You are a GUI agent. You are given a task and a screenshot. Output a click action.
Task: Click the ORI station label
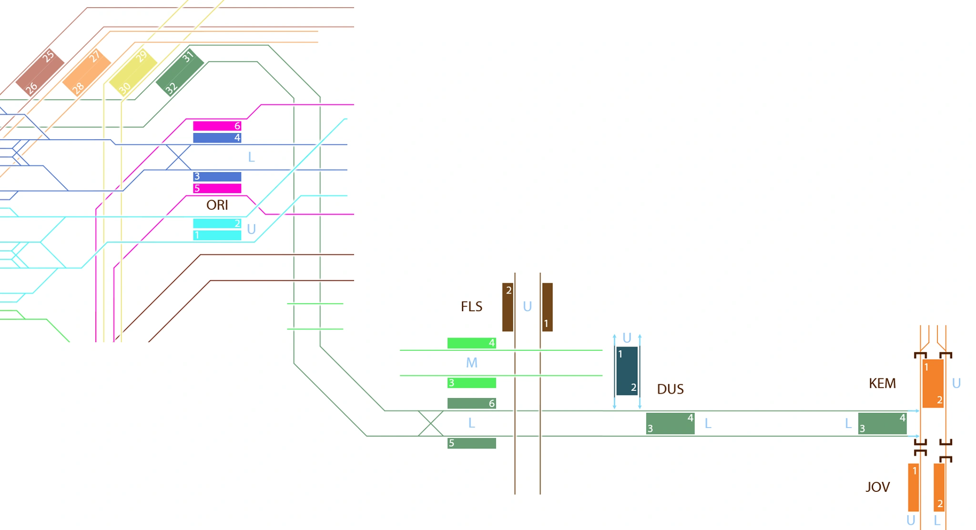point(217,205)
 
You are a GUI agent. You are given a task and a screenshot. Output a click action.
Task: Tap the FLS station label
point(471,306)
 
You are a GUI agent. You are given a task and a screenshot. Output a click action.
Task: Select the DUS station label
point(670,389)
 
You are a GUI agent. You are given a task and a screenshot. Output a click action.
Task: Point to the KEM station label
point(882,383)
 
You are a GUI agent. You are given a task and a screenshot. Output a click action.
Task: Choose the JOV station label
point(877,487)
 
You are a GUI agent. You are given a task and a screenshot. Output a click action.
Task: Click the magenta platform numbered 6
point(217,126)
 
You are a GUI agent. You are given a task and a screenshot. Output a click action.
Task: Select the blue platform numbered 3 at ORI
point(217,176)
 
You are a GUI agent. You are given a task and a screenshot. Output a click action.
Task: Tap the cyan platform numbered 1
point(217,235)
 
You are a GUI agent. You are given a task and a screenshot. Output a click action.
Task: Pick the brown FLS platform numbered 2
point(508,307)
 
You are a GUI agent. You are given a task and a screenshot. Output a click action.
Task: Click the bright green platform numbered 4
point(471,343)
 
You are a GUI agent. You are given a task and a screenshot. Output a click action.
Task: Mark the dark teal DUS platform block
point(627,371)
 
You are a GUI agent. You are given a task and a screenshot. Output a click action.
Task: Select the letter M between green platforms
point(471,363)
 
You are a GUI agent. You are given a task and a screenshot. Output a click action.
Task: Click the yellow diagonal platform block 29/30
point(133,72)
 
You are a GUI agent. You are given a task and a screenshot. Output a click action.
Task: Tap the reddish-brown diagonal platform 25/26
point(40,72)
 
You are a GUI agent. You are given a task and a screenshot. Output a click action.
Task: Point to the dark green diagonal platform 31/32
point(180,72)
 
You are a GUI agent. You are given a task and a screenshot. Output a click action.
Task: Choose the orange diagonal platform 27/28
point(87,72)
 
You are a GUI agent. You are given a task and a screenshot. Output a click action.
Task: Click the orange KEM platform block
point(933,383)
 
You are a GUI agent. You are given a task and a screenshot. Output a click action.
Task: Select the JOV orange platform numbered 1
point(913,487)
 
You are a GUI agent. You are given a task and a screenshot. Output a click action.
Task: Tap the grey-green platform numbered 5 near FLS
point(471,443)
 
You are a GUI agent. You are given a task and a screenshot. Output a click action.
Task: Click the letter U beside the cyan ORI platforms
point(251,229)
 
